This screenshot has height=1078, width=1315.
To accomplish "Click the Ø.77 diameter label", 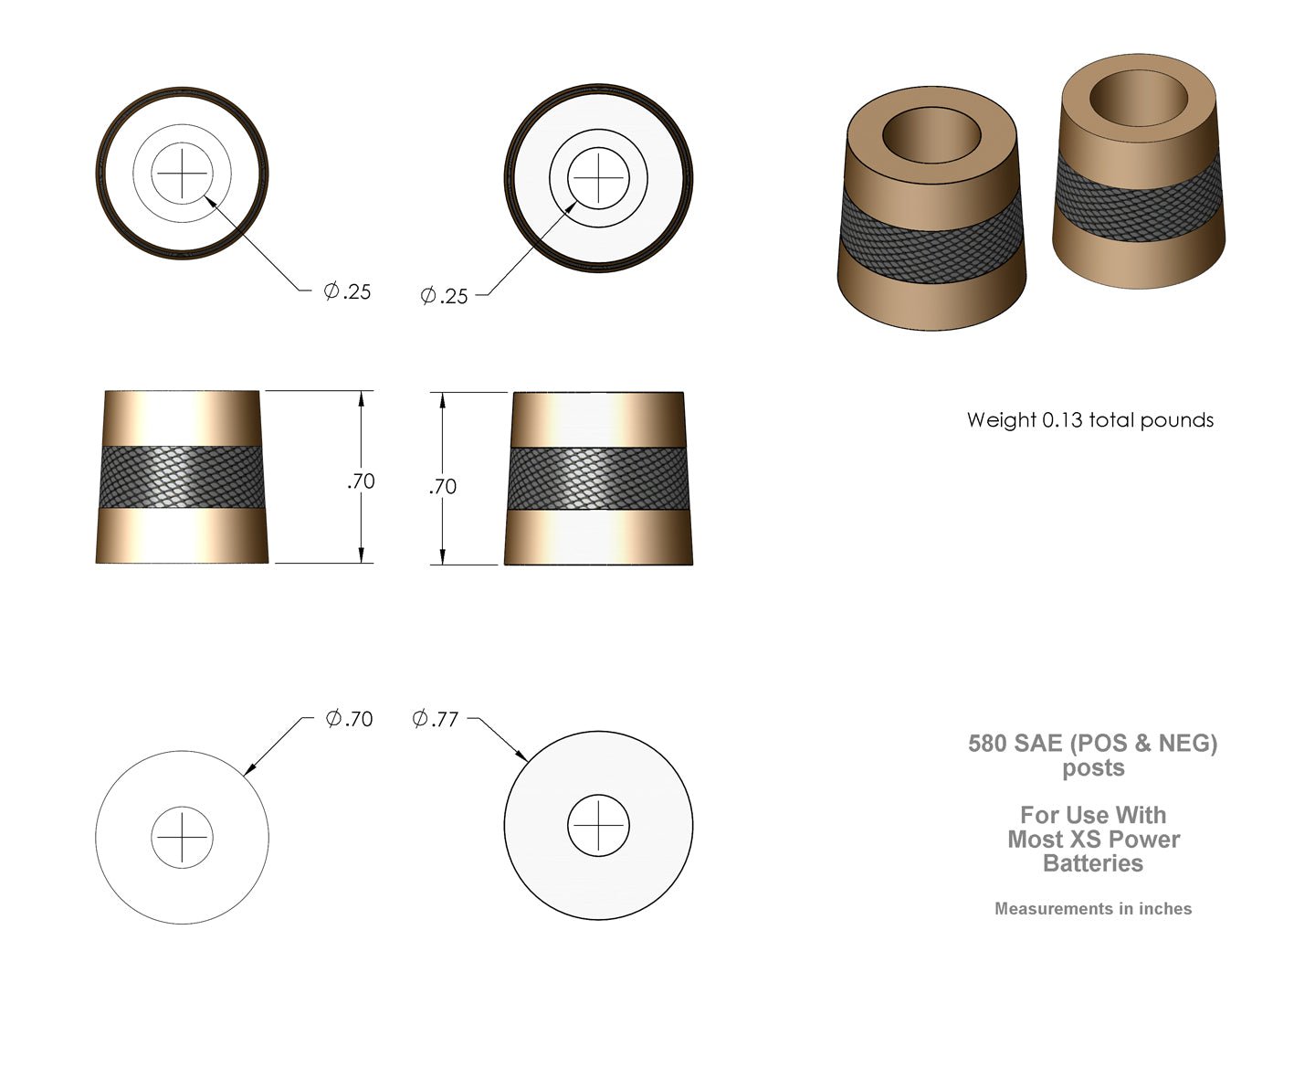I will point(435,720).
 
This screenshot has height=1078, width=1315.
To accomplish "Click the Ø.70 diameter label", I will point(350,719).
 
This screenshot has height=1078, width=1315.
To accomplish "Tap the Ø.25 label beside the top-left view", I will point(348,291).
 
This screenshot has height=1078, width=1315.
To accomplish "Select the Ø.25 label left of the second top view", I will point(444,295).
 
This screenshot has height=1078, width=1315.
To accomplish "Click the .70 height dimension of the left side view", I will point(362,481).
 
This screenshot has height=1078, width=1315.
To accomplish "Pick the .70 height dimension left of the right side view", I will point(442,487).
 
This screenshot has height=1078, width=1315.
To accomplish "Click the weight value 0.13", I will point(1062,420).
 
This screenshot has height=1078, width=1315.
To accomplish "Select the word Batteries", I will point(1093,863).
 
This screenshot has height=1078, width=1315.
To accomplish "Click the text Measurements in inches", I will point(1093,909).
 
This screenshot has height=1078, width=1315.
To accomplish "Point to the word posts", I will point(1093,768).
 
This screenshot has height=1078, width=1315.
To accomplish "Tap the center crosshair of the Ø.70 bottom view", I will point(182,837).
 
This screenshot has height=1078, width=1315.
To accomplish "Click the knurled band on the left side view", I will point(182,477).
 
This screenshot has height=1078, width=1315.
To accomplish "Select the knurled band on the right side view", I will point(598,480).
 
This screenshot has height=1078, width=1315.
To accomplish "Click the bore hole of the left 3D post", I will point(931,136).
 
